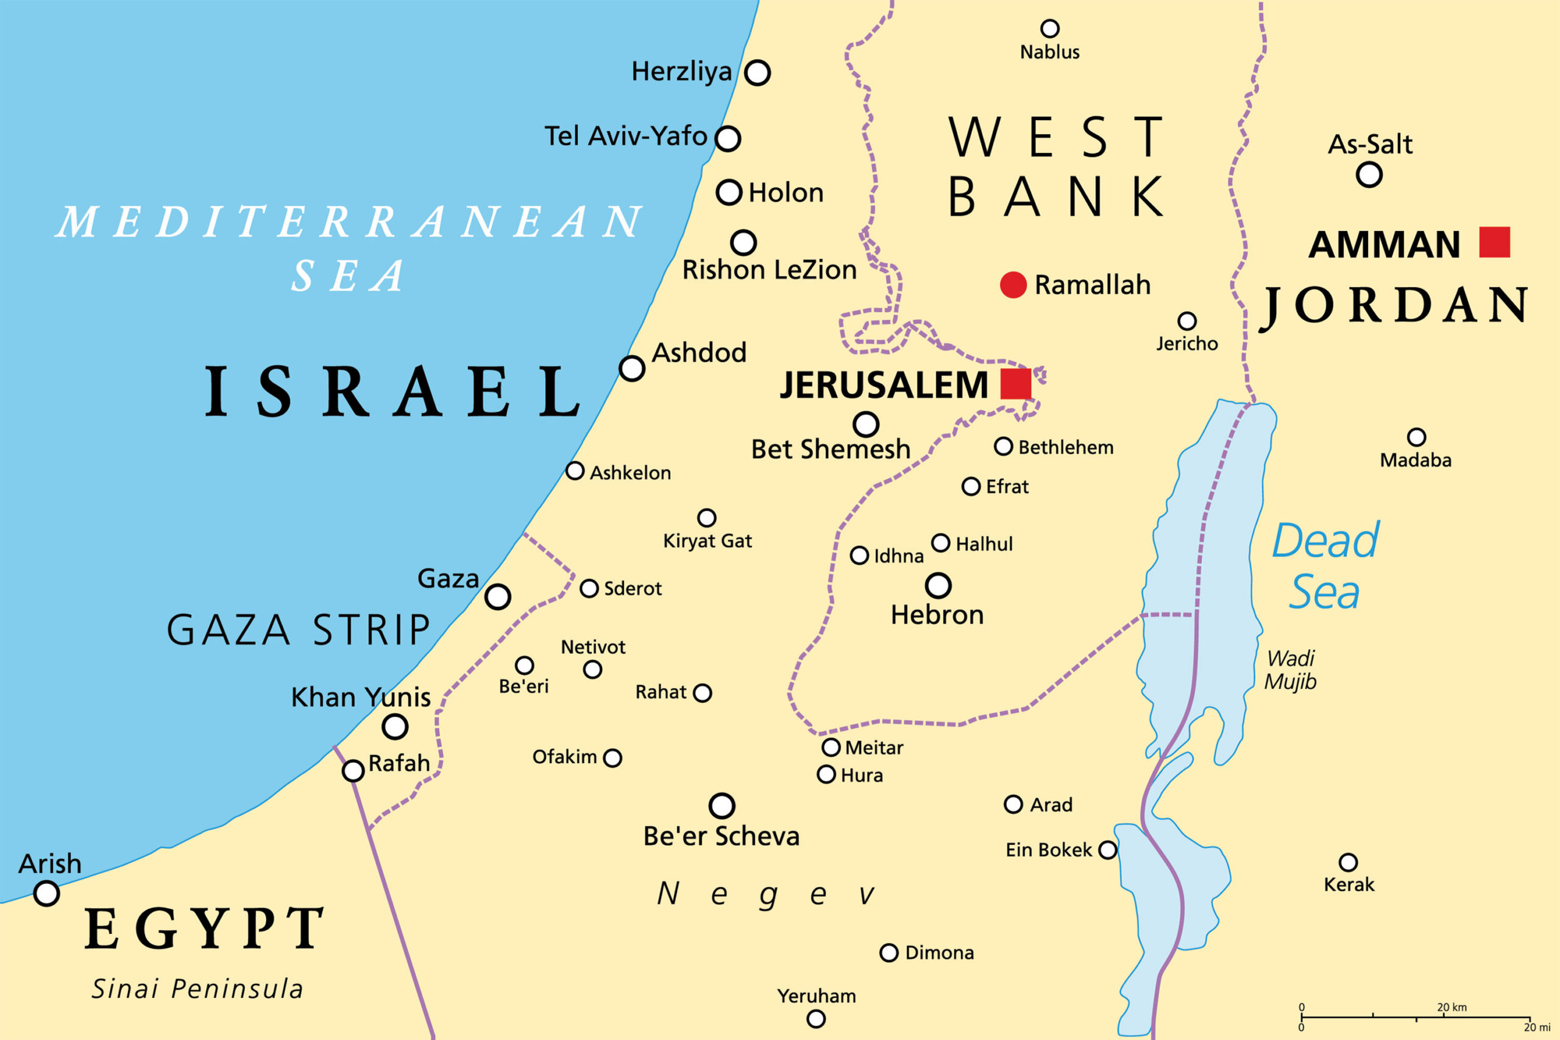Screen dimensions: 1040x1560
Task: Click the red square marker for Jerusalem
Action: (x=1015, y=384)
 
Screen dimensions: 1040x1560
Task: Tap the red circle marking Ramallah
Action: (x=1013, y=285)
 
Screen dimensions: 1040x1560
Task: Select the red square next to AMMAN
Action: (x=1494, y=242)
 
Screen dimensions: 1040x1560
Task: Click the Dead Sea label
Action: (x=1325, y=566)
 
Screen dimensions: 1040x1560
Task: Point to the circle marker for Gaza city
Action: (x=497, y=596)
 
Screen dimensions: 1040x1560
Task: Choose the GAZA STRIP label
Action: (x=299, y=630)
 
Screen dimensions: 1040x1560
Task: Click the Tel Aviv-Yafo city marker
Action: (x=728, y=139)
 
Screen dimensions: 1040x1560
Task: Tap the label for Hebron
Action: (x=937, y=615)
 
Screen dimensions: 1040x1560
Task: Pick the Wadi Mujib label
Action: (x=1290, y=670)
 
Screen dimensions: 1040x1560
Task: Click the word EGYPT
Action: (x=204, y=929)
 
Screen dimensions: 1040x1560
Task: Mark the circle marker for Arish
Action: (x=46, y=893)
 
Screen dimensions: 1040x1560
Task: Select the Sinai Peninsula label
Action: (x=197, y=989)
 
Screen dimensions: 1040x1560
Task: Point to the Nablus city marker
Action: (x=1049, y=29)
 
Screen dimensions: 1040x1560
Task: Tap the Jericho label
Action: (x=1186, y=344)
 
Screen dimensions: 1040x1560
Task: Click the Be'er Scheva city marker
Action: (x=721, y=806)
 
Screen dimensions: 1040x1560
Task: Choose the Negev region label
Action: (x=766, y=894)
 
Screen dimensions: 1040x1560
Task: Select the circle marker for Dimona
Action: (x=889, y=952)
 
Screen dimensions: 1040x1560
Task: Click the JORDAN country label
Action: (x=1393, y=306)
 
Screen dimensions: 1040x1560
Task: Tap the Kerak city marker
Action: (x=1348, y=862)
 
